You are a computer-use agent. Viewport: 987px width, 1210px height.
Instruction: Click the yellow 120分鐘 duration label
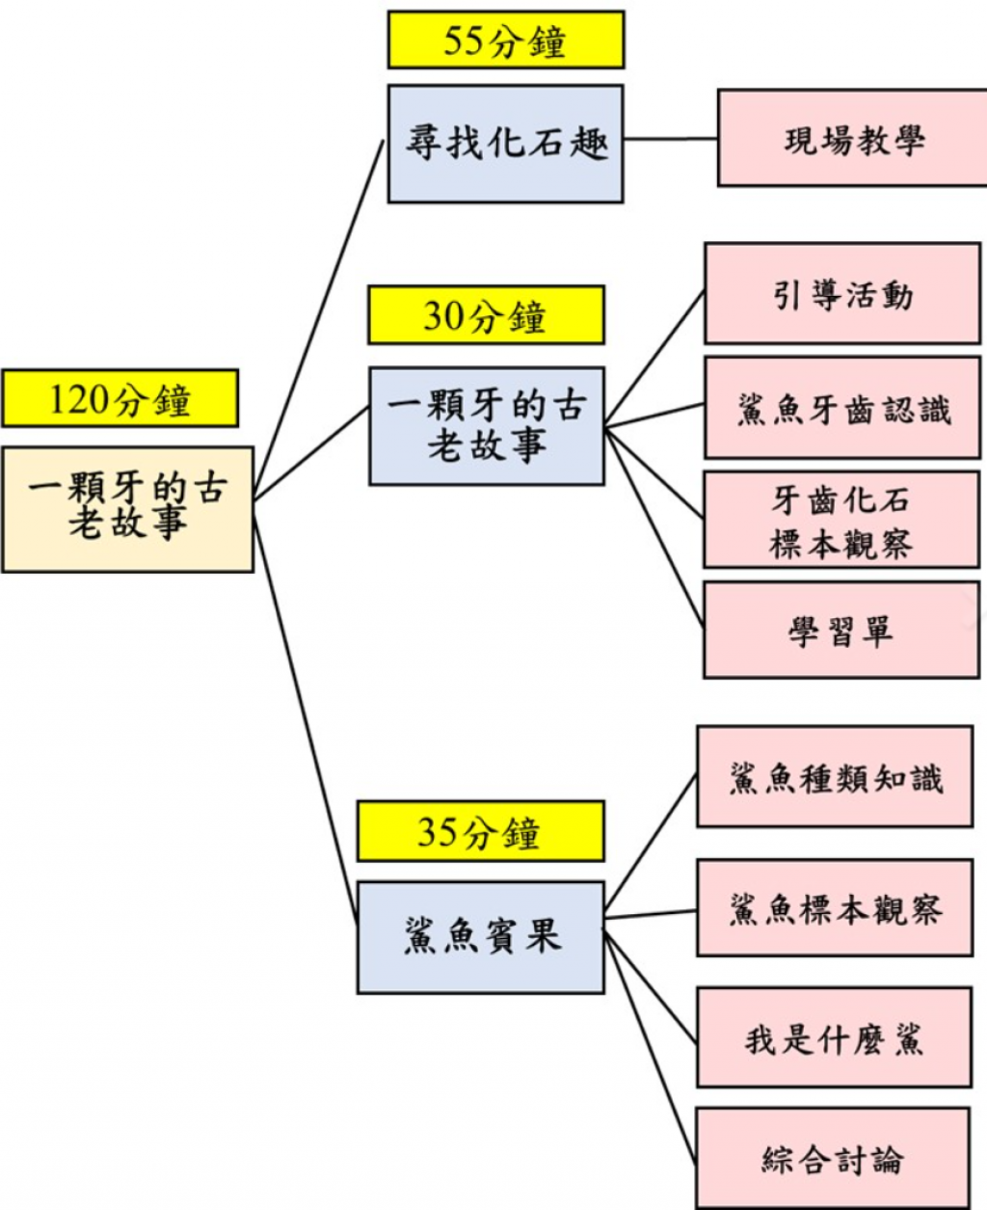(x=120, y=398)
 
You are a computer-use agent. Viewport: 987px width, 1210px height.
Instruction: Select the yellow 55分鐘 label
(x=505, y=40)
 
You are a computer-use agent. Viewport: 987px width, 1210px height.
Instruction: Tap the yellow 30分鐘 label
(x=486, y=315)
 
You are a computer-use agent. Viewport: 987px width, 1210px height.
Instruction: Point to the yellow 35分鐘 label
(x=480, y=831)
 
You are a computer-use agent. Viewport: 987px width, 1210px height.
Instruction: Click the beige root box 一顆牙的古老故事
(x=127, y=508)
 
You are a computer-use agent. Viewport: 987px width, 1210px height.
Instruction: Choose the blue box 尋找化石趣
(x=505, y=144)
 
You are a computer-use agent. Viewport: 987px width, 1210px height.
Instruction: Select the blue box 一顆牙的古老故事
(x=487, y=425)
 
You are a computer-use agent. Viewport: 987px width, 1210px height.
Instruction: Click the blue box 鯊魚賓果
(x=480, y=937)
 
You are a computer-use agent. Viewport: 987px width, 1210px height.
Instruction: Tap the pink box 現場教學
(x=853, y=138)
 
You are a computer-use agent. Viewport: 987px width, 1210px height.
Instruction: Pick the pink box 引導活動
(x=841, y=293)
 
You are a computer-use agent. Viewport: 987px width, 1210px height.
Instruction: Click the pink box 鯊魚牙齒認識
(x=841, y=407)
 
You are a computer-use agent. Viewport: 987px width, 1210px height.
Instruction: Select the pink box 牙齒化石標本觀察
(x=841, y=520)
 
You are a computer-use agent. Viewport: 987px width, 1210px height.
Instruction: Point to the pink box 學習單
(x=841, y=630)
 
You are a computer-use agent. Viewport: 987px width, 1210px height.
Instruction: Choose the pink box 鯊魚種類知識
(x=835, y=776)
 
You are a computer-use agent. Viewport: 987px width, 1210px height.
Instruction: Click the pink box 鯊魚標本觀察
(x=835, y=908)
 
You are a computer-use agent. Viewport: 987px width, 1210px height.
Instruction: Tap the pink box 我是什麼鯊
(x=834, y=1037)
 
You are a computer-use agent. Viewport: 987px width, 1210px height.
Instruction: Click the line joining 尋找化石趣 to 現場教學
(x=670, y=139)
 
